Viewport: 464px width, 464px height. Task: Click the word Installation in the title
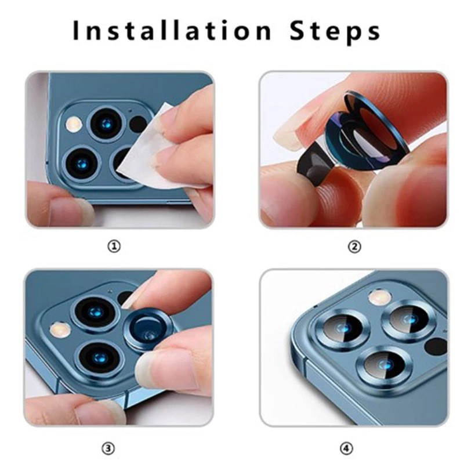point(172,30)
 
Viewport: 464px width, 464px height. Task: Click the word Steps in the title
point(335,32)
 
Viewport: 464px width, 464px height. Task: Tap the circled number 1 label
point(114,246)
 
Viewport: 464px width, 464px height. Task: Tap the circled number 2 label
point(354,246)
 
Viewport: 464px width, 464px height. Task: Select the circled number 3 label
point(108,448)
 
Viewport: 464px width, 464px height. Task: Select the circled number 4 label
point(346,448)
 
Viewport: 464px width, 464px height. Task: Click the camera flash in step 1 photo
point(74,124)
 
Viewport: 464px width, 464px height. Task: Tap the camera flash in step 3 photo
point(60,329)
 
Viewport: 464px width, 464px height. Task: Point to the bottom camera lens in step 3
point(99,357)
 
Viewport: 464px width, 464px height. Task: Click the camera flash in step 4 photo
point(380,297)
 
